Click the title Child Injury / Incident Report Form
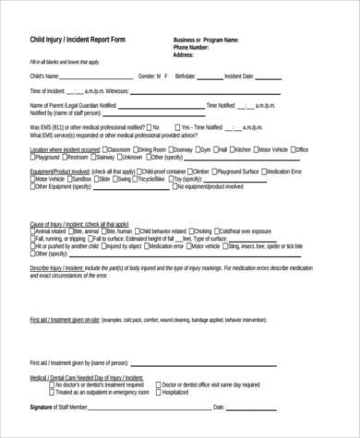(77, 41)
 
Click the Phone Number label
(197, 47)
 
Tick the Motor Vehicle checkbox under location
(256, 148)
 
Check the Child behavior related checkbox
(134, 231)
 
